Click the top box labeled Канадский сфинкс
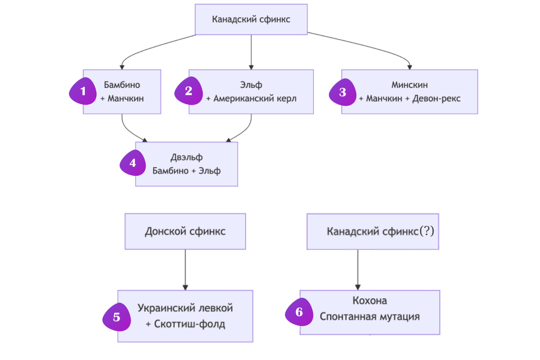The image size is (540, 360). point(251,19)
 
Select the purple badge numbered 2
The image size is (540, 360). point(189,91)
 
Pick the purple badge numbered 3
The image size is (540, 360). point(343,93)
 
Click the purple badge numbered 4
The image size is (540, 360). point(133,163)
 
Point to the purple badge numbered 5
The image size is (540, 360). point(117,317)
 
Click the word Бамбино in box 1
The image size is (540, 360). point(122,85)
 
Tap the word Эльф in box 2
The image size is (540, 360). point(251,85)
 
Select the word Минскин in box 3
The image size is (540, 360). point(409,85)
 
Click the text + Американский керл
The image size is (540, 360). point(251,98)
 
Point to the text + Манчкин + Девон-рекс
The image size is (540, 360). point(409,98)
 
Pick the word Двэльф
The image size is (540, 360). point(186,157)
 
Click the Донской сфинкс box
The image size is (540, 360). point(185,231)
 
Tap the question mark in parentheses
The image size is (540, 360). point(427,231)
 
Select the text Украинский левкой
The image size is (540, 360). point(185,308)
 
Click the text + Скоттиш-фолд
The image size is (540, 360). point(185,324)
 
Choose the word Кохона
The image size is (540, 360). point(369,301)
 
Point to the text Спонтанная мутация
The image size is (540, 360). point(369,316)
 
